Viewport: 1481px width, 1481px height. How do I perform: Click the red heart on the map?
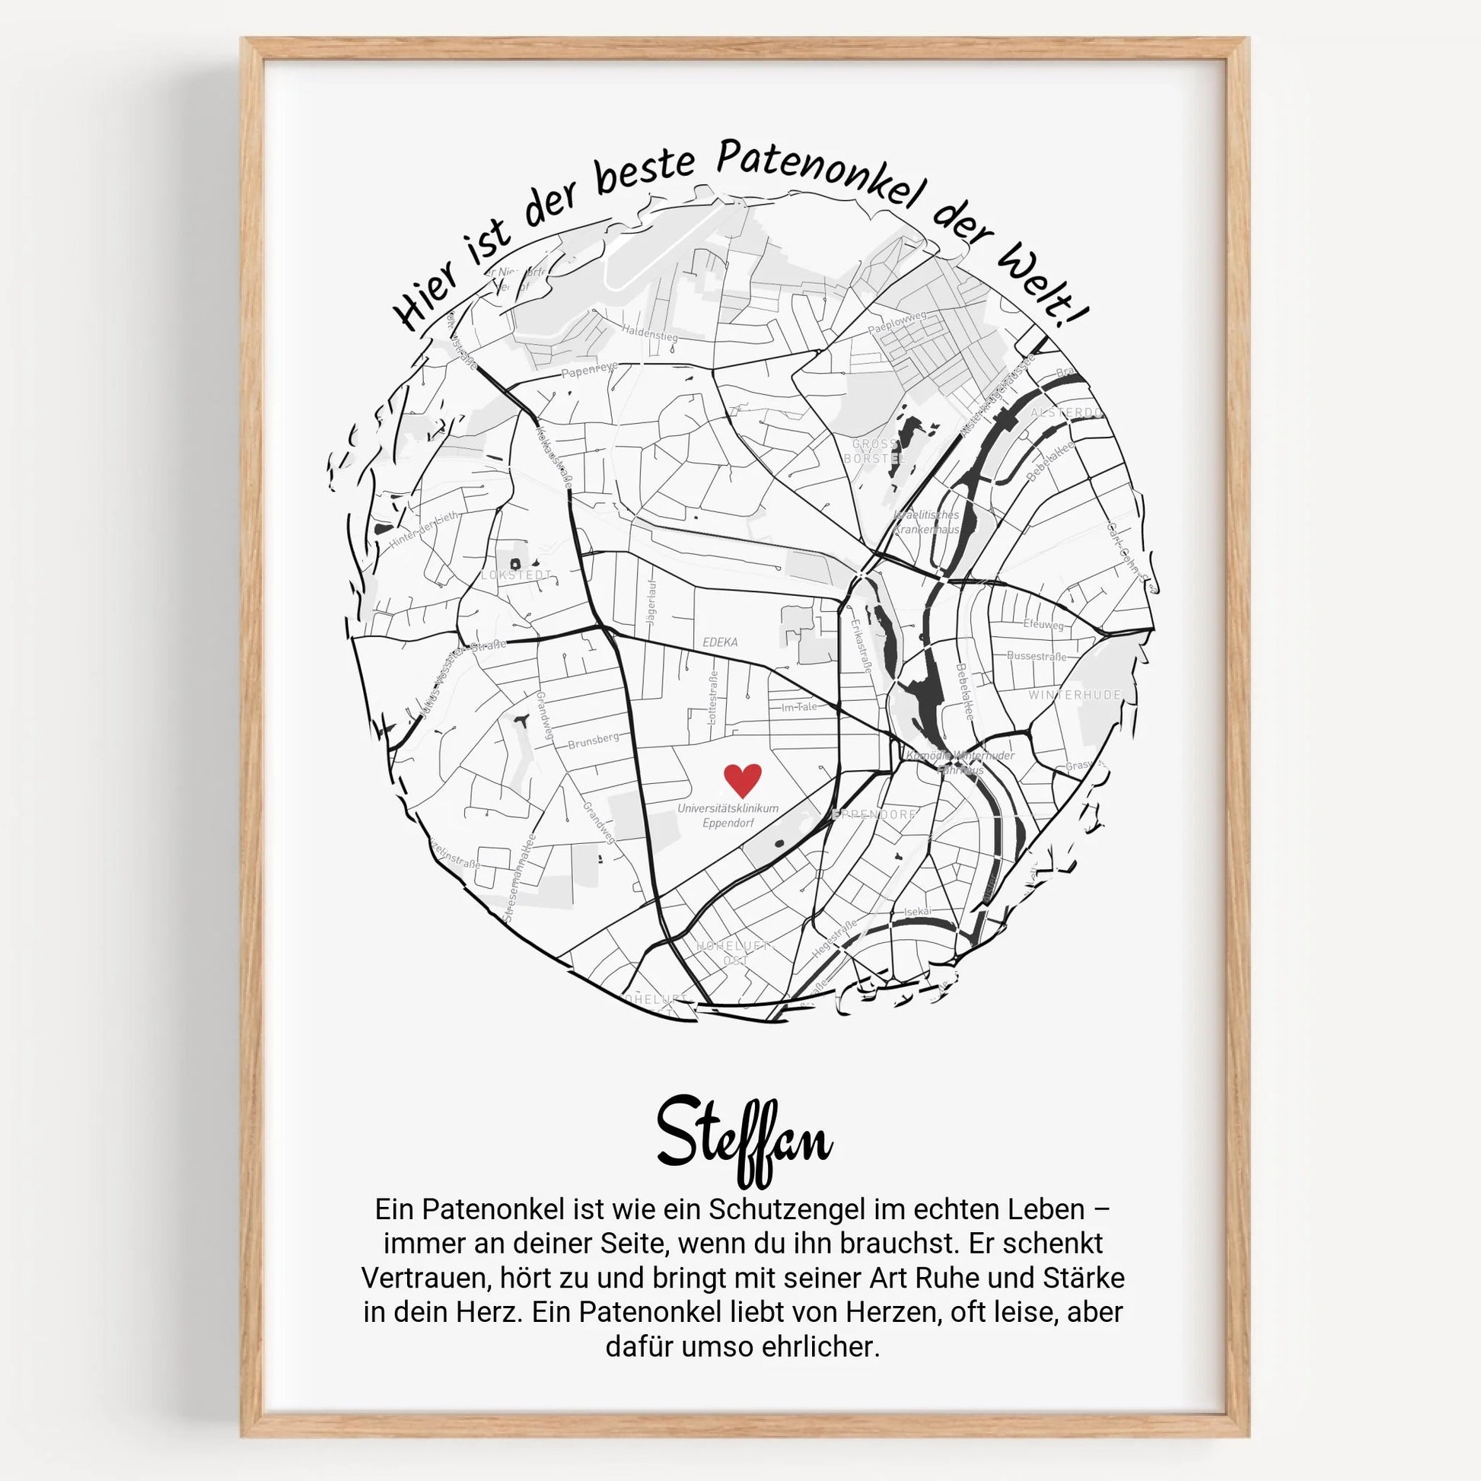pyautogui.click(x=742, y=779)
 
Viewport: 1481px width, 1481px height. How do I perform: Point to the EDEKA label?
pyautogui.click(x=720, y=642)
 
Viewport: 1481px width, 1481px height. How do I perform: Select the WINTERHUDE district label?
pyautogui.click(x=1075, y=695)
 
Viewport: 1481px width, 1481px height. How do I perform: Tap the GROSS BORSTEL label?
pyautogui.click(x=874, y=451)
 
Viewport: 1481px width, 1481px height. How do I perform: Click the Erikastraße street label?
pyautogui.click(x=861, y=645)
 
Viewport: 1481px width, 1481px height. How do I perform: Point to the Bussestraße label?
pyautogui.click(x=1037, y=656)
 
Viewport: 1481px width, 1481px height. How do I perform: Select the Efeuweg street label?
pyautogui.click(x=1043, y=625)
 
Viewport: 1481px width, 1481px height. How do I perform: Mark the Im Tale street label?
pyautogui.click(x=799, y=707)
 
